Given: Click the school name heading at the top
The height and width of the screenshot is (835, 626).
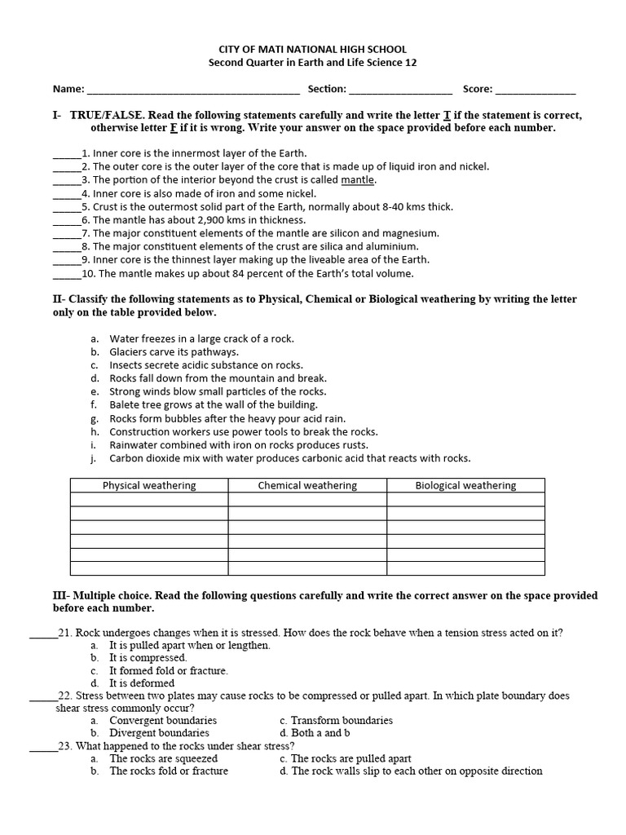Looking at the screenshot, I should point(313,49).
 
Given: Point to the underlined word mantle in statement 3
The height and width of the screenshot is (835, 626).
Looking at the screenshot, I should point(358,180).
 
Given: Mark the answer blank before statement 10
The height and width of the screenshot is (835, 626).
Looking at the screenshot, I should point(67,274).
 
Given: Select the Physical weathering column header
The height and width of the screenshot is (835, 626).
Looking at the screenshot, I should point(149,486).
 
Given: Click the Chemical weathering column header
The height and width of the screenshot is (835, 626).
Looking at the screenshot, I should point(307,486).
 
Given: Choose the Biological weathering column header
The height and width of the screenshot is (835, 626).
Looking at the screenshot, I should point(465,486).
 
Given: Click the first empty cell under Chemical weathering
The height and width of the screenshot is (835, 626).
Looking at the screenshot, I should point(307,500).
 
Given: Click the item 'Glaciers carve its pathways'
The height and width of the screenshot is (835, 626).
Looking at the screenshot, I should point(174,352).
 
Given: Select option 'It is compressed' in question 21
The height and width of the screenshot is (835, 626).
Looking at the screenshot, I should point(148,657).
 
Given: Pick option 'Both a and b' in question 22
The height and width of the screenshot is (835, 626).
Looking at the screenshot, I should point(323,733).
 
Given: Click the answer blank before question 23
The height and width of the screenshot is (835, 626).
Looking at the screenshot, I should point(43,746).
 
